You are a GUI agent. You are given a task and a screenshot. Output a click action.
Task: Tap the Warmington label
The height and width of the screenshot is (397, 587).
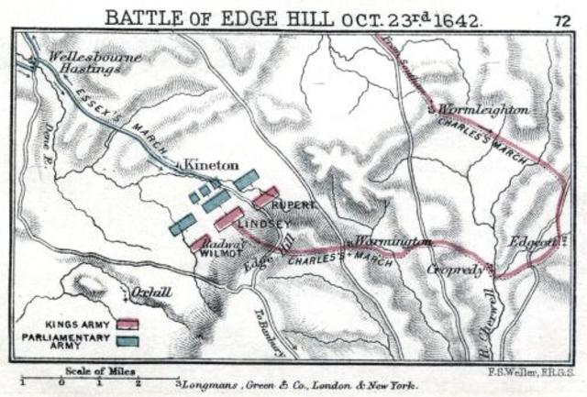[393, 241]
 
